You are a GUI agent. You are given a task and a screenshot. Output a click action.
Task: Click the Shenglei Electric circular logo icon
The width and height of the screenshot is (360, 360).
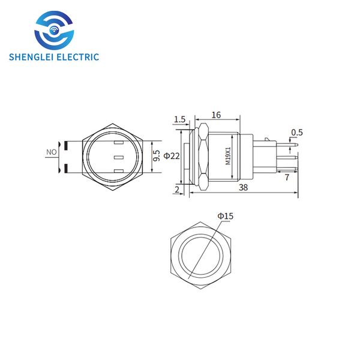coord(54,31)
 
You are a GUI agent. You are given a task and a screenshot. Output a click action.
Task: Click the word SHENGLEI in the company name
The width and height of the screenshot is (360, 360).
coord(31,57)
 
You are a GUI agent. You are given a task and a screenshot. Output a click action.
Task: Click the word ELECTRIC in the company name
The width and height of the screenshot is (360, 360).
coord(78,57)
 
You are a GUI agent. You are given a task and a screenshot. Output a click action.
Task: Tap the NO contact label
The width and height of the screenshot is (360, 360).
coord(52,152)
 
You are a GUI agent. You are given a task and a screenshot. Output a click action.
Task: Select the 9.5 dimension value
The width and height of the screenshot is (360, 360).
coord(157,156)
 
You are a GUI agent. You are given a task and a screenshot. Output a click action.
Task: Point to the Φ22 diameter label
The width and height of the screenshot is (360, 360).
coord(172,156)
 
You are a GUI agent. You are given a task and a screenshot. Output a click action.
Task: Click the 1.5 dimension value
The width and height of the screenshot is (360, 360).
coord(179,119)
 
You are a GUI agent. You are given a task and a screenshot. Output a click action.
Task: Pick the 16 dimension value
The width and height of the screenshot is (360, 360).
coord(216,115)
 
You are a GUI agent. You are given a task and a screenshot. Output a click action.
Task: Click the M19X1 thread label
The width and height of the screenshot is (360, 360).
coord(228,156)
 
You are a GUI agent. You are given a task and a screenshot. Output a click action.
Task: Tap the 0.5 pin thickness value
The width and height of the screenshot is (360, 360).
coord(297,133)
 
